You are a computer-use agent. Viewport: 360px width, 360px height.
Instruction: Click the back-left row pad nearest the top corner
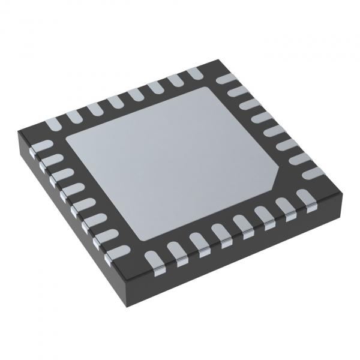click(193, 73)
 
